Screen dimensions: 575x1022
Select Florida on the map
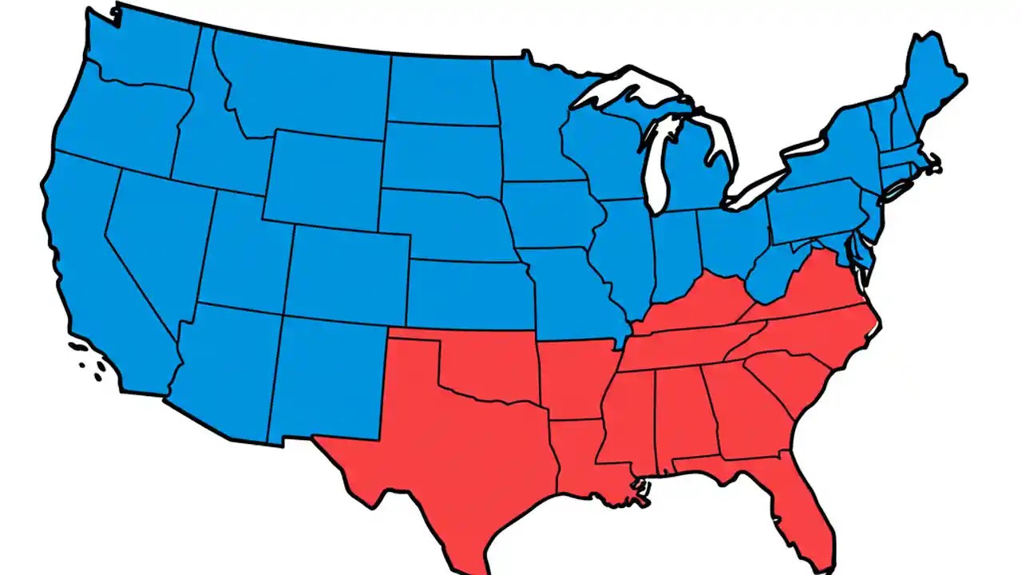pos(806,503)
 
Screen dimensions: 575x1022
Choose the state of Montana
pos(303,88)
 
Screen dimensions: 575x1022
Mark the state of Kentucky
pos(695,307)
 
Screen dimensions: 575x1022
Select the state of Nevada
pos(156,240)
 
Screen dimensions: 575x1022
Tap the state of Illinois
pos(627,256)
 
